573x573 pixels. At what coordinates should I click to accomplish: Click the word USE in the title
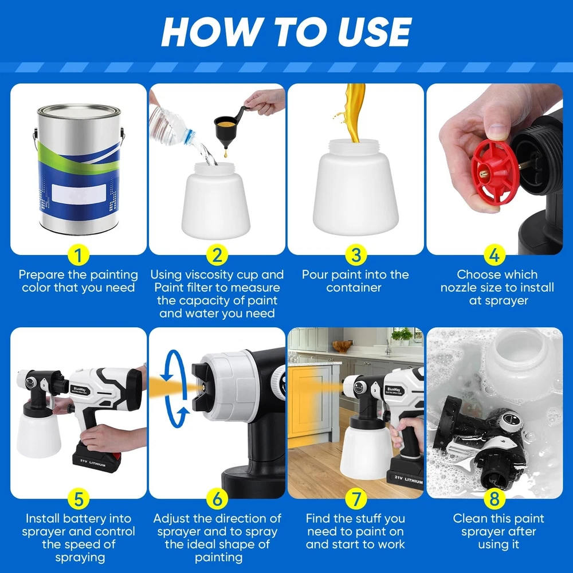375,32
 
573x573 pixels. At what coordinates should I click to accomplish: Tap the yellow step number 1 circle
78,255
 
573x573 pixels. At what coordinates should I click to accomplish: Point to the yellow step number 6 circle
217,499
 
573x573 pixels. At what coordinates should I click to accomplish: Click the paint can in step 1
79,169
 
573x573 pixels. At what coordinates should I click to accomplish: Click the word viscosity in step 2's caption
210,274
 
